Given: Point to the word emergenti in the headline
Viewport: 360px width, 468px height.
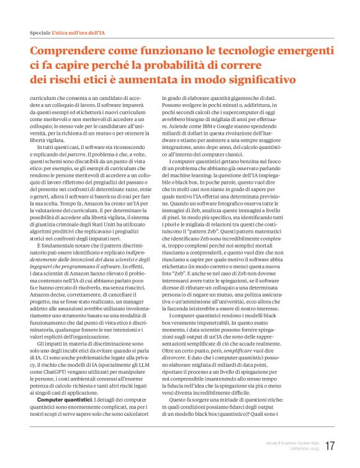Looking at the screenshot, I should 290,51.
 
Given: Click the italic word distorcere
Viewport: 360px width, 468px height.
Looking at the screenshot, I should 176,358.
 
